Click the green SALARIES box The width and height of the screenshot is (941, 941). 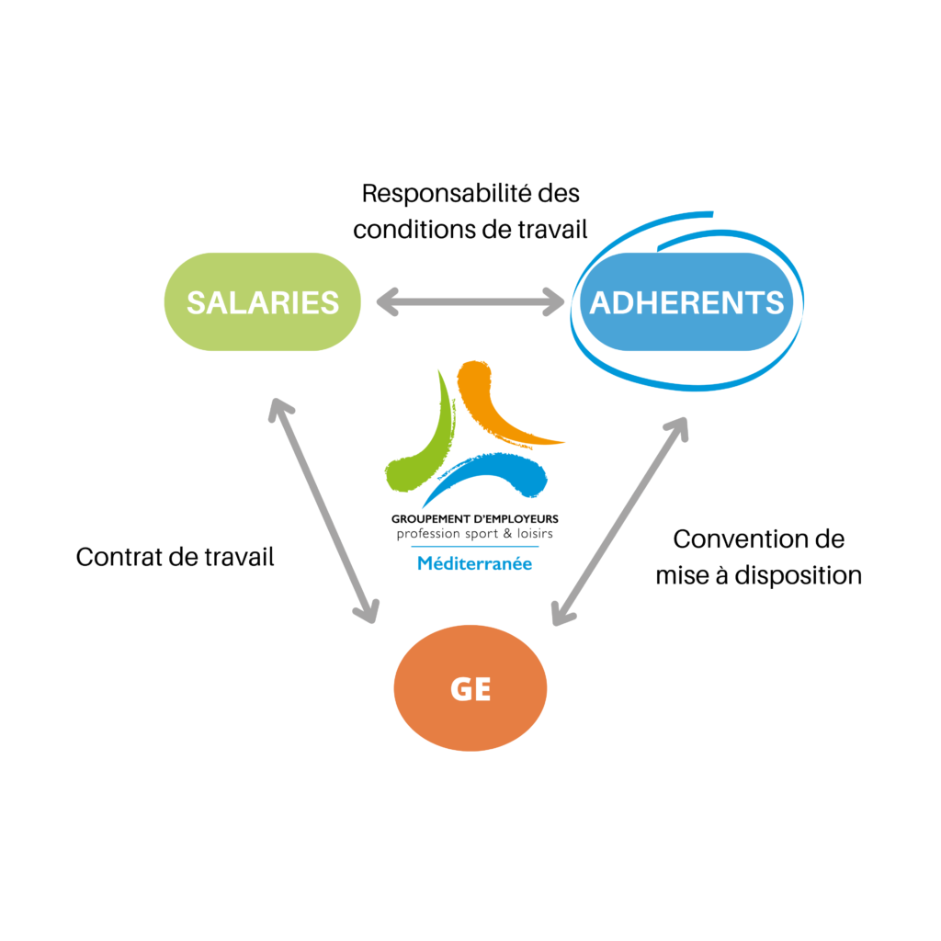(x=262, y=301)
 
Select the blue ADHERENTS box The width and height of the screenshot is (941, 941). (x=686, y=301)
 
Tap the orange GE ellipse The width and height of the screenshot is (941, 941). (x=470, y=687)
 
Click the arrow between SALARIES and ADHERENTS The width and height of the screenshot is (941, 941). (x=470, y=301)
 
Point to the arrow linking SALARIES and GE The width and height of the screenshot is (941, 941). (x=324, y=511)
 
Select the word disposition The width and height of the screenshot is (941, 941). (x=799, y=575)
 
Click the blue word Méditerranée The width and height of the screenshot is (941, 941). (x=475, y=563)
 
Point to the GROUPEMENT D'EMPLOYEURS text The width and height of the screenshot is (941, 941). (x=475, y=519)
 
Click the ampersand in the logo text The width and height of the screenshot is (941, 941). (x=507, y=534)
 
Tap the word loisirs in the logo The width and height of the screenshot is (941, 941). (x=535, y=534)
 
